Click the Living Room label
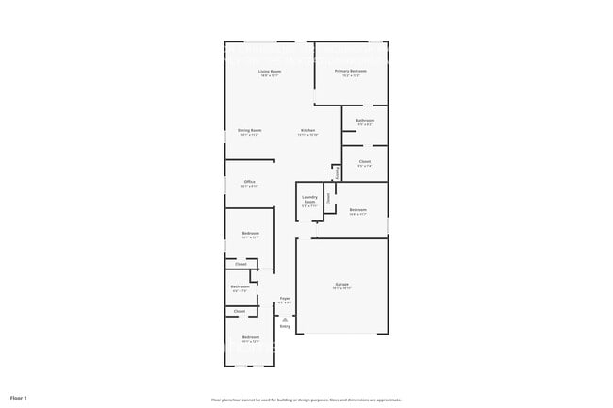click(x=271, y=72)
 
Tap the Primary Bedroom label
click(x=350, y=72)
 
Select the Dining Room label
click(x=250, y=131)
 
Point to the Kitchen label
click(x=307, y=131)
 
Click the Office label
click(x=250, y=182)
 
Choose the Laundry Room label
click(x=309, y=200)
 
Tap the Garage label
click(x=341, y=284)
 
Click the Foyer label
click(x=285, y=299)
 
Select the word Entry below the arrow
click(x=285, y=326)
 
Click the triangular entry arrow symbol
click(x=285, y=318)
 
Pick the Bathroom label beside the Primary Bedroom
click(x=365, y=121)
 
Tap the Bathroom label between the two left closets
click(x=240, y=286)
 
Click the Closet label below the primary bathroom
click(x=364, y=162)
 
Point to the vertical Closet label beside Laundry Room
click(x=328, y=198)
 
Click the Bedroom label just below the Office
click(x=250, y=233)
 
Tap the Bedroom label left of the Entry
click(x=250, y=337)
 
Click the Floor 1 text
click(x=19, y=398)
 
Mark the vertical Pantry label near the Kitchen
click(x=337, y=172)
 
